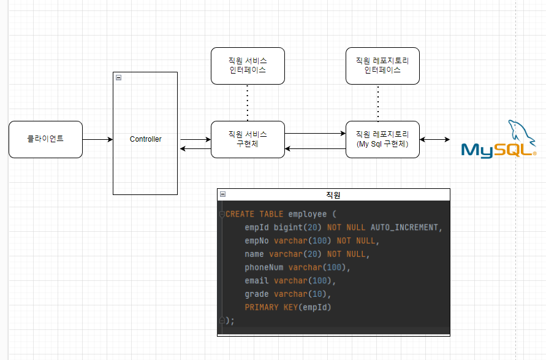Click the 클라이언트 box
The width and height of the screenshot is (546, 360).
tap(45, 139)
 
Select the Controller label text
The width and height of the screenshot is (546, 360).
tap(146, 139)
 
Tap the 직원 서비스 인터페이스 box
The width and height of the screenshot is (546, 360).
tap(248, 66)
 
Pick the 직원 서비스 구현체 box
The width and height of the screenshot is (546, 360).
tap(248, 139)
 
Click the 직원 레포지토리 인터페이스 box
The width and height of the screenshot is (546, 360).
tap(382, 66)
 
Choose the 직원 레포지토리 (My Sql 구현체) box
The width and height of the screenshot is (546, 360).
tap(382, 139)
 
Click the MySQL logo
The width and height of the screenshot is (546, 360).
tap(499, 139)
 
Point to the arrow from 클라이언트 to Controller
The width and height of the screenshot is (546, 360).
tap(98, 139)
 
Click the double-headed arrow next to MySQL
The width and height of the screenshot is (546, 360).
tap(434, 139)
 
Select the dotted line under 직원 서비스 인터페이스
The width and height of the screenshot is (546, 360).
tap(248, 103)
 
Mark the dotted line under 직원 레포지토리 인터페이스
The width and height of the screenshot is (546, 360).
tap(378, 103)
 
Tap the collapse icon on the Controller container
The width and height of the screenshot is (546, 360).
tap(119, 78)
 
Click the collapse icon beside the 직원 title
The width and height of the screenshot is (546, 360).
tap(223, 194)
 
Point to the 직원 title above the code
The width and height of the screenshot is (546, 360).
tap(333, 195)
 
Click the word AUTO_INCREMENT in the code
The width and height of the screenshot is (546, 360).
tap(404, 228)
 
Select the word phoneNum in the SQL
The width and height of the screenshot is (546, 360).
tap(264, 267)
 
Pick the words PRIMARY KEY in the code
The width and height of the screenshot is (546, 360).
tap(271, 307)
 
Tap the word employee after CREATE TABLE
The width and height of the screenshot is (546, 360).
tap(308, 214)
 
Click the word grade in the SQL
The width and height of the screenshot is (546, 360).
tap(257, 294)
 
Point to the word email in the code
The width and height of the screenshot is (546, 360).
tap(257, 280)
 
